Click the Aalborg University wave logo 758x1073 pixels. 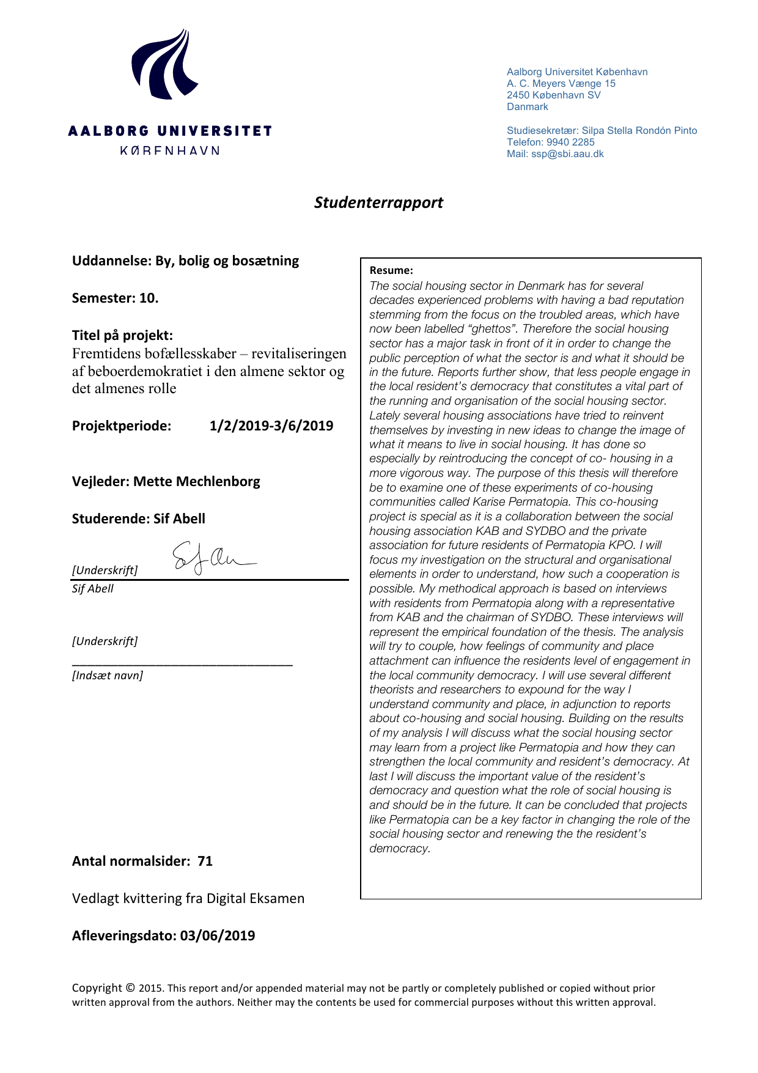click(x=164, y=64)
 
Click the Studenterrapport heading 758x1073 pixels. click(x=378, y=202)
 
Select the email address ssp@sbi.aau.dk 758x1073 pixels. click(x=567, y=153)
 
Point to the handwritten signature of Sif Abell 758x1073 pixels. click(x=211, y=558)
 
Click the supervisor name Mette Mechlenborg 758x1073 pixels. click(x=196, y=481)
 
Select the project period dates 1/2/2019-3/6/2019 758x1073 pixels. click(x=271, y=426)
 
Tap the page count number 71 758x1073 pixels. click(x=205, y=861)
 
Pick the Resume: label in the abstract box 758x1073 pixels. click(x=391, y=270)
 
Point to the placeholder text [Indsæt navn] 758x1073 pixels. click(x=108, y=675)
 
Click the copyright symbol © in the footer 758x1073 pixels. click(x=130, y=987)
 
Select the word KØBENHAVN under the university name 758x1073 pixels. click(x=169, y=150)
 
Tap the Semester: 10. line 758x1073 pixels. click(x=115, y=298)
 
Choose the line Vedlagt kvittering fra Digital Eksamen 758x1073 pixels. click(x=188, y=898)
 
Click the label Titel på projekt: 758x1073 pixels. click(x=122, y=335)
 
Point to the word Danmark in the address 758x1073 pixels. click(x=527, y=106)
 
